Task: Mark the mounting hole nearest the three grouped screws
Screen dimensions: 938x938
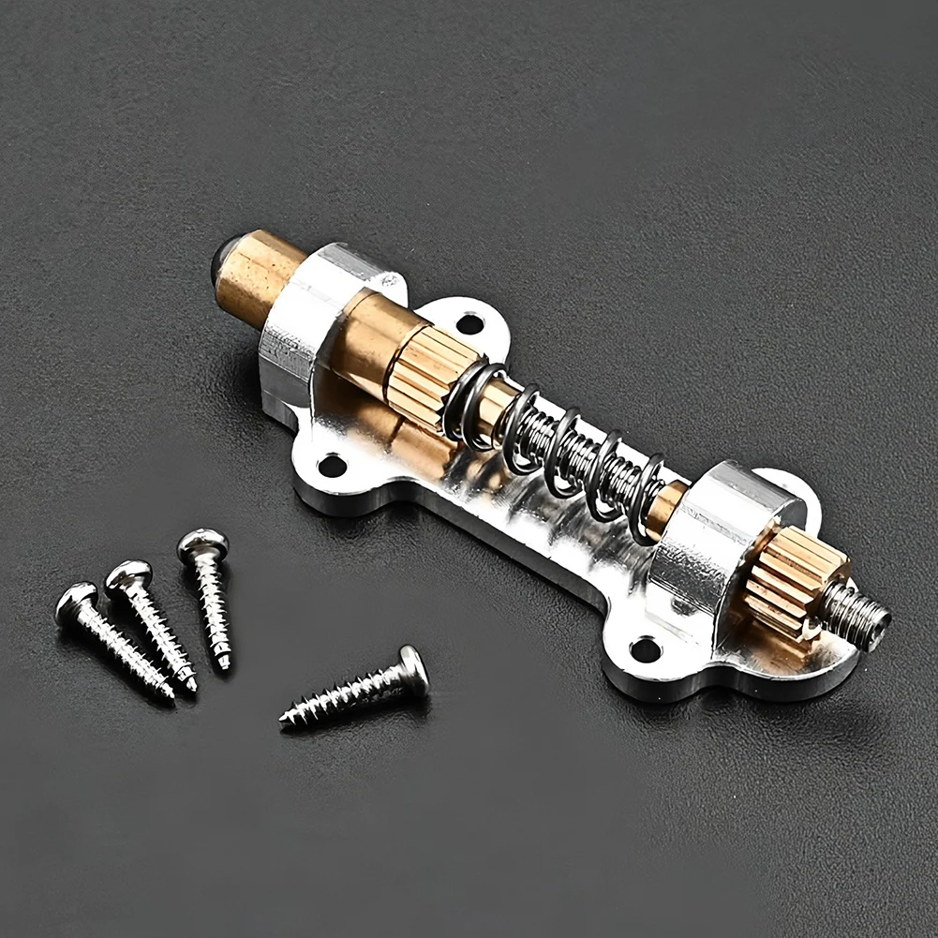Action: [x=331, y=465]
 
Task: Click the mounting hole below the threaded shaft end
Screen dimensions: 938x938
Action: [x=645, y=648]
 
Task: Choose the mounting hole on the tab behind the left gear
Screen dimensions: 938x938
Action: [x=469, y=324]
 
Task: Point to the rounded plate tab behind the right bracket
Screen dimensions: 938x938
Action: [x=797, y=487]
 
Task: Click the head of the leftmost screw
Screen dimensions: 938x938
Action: [x=75, y=600]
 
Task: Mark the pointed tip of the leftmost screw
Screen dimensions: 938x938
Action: [x=171, y=697]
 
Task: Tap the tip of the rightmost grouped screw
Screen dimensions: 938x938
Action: [x=225, y=666]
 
